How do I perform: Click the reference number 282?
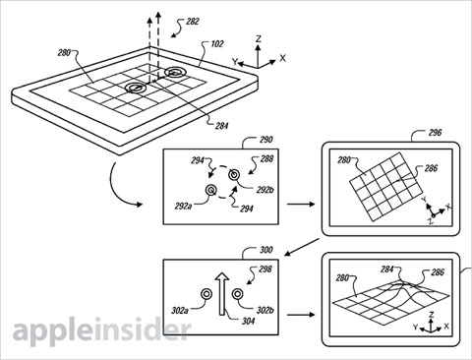(x=193, y=22)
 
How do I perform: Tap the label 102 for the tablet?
(x=217, y=44)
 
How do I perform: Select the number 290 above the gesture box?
(x=265, y=140)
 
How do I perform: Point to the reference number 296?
(x=435, y=133)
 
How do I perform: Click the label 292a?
(x=183, y=207)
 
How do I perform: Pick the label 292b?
(x=265, y=190)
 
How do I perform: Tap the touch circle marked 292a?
(x=210, y=190)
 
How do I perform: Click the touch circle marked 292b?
(x=234, y=175)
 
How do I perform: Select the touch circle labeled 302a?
(x=206, y=294)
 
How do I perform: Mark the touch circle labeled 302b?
(x=237, y=294)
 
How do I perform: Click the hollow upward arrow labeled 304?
(x=222, y=294)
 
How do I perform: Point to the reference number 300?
(x=265, y=250)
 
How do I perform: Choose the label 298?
(x=265, y=270)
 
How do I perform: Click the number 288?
(x=266, y=159)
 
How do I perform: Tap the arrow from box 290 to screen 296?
(x=301, y=204)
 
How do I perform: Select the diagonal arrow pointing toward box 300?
(x=302, y=247)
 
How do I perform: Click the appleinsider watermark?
(x=101, y=329)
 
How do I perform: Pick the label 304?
(x=248, y=321)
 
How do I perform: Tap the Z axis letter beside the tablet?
(x=259, y=39)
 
